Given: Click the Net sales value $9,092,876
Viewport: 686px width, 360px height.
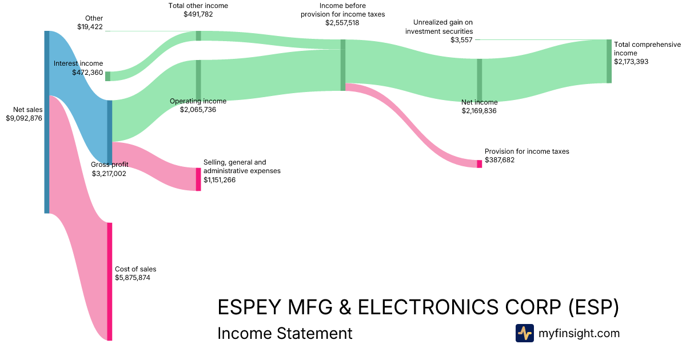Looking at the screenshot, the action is (x=23, y=118).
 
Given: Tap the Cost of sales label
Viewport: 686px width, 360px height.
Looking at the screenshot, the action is (x=135, y=269).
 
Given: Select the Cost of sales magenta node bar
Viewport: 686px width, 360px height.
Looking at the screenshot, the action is (x=110, y=281).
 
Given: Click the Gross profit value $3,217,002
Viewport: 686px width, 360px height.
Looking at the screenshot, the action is (x=109, y=174).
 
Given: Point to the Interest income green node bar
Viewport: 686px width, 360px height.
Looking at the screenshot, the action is (x=107, y=76).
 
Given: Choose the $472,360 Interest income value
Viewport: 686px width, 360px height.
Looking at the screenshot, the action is (x=87, y=73).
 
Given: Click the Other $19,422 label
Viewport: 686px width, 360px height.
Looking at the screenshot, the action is (x=90, y=22).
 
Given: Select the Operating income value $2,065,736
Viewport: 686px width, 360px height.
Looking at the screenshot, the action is (x=198, y=110).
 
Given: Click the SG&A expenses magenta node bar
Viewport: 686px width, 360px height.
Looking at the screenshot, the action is (x=198, y=179).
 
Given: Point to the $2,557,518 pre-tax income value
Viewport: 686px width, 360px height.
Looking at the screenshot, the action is (x=342, y=23).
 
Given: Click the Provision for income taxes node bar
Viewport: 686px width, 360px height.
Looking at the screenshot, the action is (x=479, y=163).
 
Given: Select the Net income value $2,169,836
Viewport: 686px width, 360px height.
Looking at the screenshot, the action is (x=479, y=111).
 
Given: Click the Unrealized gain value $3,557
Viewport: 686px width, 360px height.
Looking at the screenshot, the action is (x=461, y=40).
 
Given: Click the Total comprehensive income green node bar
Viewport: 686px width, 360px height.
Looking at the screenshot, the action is (x=609, y=61).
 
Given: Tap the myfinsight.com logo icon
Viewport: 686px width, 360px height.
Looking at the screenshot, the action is (x=524, y=333).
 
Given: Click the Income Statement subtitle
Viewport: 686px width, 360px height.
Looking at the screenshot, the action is (x=285, y=333).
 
